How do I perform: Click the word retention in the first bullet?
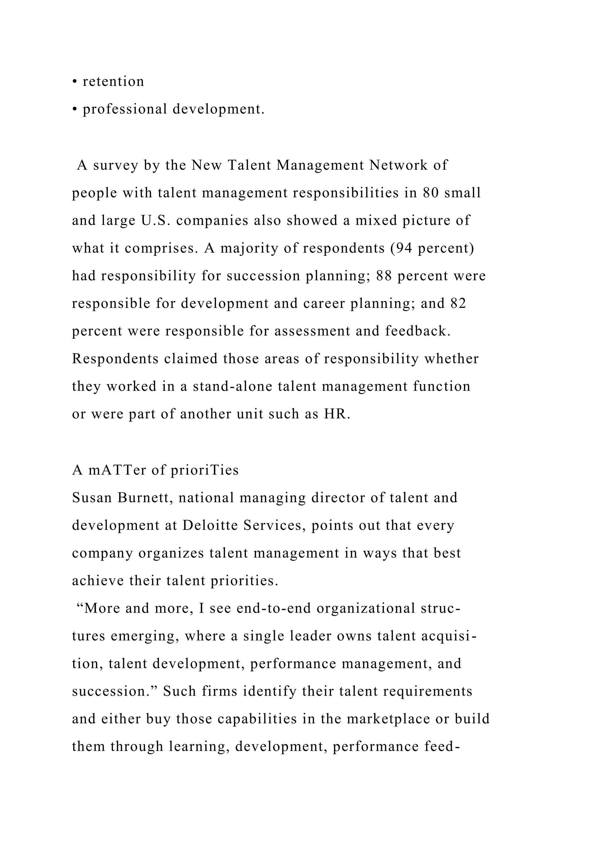coord(113,81)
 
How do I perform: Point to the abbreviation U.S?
coord(154,220)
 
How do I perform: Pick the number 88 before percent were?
coord(384,276)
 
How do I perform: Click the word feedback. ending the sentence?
coord(418,331)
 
